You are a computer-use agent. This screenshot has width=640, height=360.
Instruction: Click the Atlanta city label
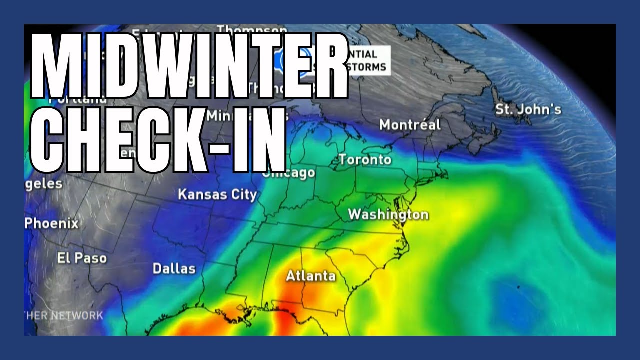[310, 276]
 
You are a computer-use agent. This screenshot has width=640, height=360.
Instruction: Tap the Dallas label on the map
[174, 268]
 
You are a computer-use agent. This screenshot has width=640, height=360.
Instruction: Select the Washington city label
[388, 215]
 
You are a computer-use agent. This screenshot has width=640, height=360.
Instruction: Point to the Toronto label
[365, 160]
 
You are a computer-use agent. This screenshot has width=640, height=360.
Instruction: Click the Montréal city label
[410, 124]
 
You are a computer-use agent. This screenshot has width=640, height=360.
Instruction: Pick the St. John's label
[528, 109]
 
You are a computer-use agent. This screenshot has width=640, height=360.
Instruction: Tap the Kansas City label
[217, 194]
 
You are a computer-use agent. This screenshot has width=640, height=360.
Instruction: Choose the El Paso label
[82, 258]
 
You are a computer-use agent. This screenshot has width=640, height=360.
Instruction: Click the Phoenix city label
[52, 223]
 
